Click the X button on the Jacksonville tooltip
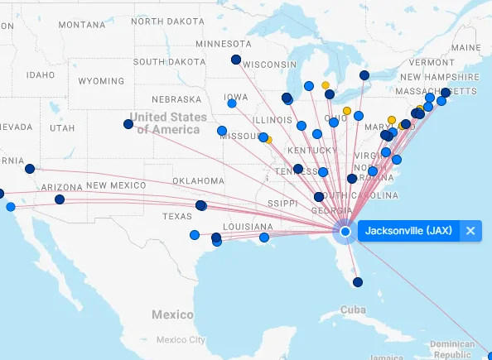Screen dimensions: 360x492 click(470, 231)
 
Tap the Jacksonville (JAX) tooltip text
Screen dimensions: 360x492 click(409, 231)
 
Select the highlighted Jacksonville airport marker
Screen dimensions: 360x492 click(345, 232)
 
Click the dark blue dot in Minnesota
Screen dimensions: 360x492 click(236, 60)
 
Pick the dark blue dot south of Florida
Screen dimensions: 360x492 click(358, 282)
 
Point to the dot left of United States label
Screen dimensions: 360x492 click(128, 124)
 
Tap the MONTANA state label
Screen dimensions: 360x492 click(82, 25)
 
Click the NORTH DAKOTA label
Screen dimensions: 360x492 click(168, 22)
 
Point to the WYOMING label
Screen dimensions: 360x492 click(101, 82)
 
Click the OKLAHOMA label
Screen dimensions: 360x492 click(198, 180)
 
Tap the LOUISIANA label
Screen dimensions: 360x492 click(247, 227)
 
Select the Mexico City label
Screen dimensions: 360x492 click(181, 340)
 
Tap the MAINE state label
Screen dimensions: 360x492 click(465, 47)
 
